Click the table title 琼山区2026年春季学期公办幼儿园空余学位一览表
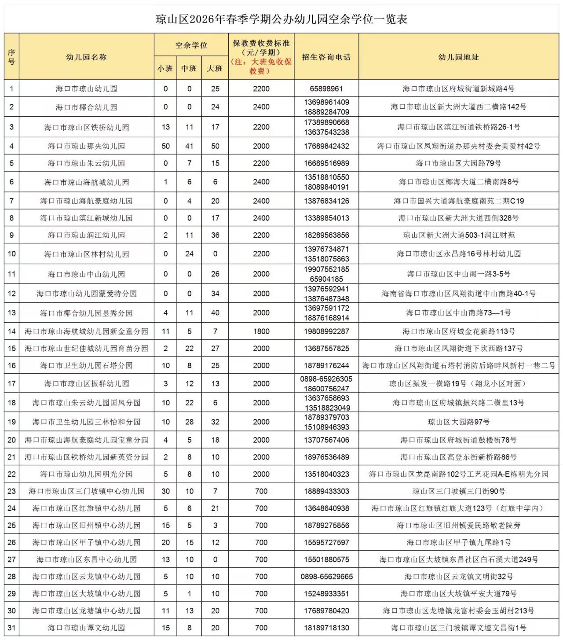[x=281, y=19]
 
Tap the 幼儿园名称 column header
[x=86, y=57]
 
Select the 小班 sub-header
[x=165, y=69]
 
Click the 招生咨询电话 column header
[x=326, y=57]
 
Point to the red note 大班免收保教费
[x=261, y=66]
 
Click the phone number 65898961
[x=326, y=89]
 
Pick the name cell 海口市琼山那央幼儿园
[x=86, y=146]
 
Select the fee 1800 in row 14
[x=261, y=331]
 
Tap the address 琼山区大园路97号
[x=458, y=422]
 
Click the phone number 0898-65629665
[x=326, y=577]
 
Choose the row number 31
[x=11, y=628]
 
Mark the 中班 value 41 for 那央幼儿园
[x=189, y=146]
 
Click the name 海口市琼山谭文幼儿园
[x=86, y=628]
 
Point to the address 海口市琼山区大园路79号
[x=458, y=163]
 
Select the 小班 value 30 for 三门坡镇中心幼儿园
[x=165, y=491]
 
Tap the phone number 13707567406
[x=326, y=440]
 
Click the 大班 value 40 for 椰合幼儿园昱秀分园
[x=215, y=313]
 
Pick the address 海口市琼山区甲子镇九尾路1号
[x=458, y=543]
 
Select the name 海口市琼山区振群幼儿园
[x=86, y=384]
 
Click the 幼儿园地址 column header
[x=458, y=57]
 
